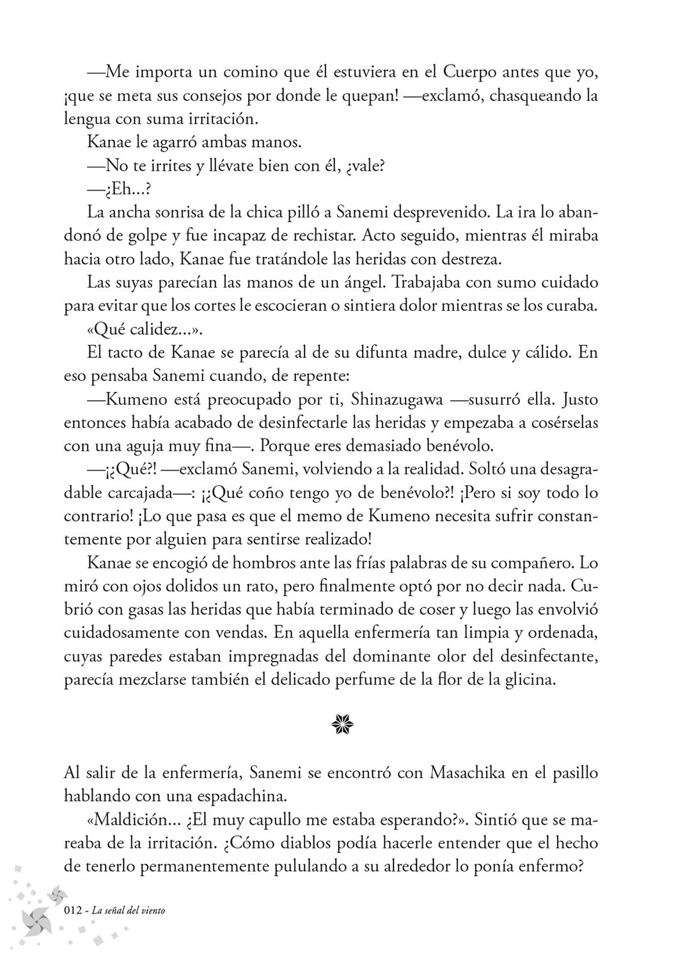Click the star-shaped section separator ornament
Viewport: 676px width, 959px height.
point(338,725)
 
